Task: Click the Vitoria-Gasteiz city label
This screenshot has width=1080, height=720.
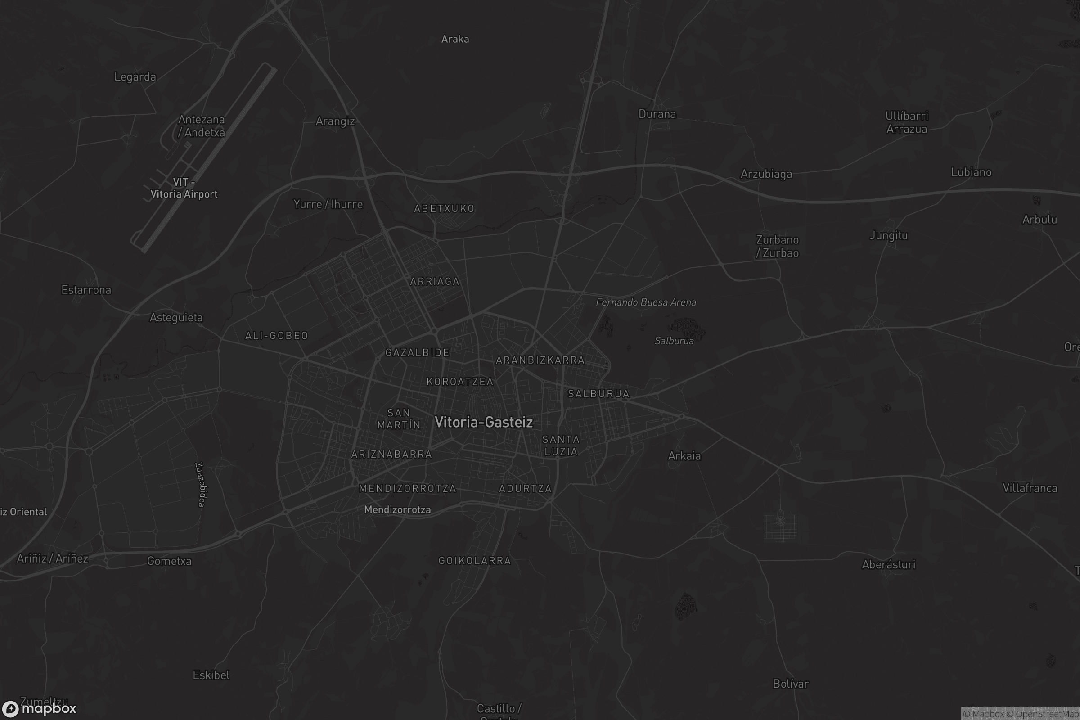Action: click(483, 422)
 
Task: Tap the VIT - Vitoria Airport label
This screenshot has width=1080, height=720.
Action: click(184, 188)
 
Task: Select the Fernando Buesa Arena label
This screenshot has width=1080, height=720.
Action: click(646, 302)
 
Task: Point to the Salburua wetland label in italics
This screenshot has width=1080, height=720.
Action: click(674, 341)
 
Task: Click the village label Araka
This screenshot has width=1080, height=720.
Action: click(455, 39)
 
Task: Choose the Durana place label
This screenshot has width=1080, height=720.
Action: click(657, 114)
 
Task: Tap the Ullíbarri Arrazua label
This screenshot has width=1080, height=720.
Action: click(906, 122)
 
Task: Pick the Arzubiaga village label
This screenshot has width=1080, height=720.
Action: click(766, 174)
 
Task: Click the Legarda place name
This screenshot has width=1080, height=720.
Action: click(135, 76)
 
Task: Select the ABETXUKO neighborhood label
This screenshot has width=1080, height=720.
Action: click(444, 208)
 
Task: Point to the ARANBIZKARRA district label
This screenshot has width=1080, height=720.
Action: click(540, 360)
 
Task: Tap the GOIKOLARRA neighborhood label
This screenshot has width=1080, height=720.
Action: click(474, 560)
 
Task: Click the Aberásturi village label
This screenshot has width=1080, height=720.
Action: click(888, 564)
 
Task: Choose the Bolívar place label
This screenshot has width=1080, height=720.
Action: click(790, 684)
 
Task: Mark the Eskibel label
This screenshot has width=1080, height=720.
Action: click(211, 675)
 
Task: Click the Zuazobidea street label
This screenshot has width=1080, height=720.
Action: click(201, 485)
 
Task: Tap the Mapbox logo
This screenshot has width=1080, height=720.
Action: click(39, 708)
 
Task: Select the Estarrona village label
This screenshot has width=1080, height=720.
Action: click(86, 290)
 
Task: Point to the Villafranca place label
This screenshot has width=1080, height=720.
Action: click(1030, 488)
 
